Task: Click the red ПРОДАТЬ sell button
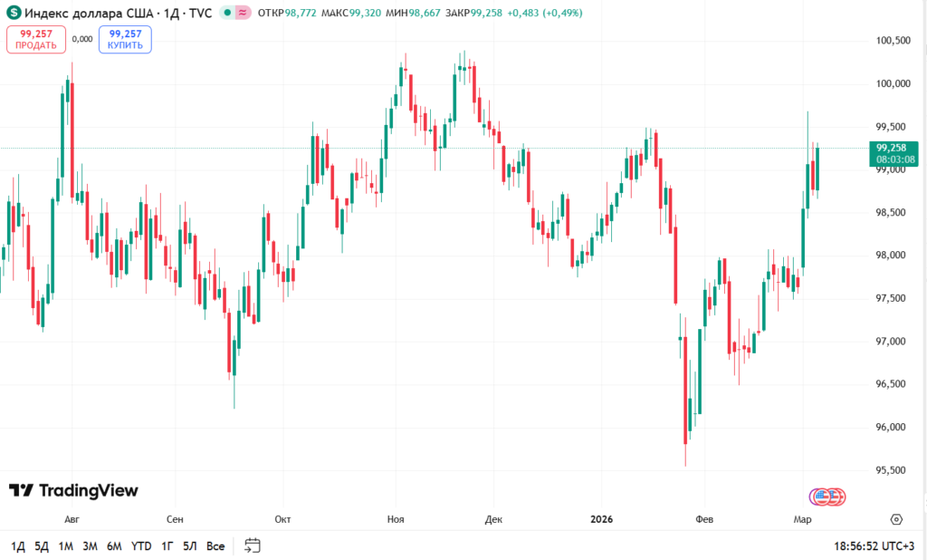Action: pyautogui.click(x=36, y=39)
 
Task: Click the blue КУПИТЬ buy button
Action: pyautogui.click(x=125, y=39)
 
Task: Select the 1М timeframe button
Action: pyautogui.click(x=65, y=546)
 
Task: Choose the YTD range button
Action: pyautogui.click(x=141, y=546)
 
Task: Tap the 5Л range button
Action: pyautogui.click(x=190, y=546)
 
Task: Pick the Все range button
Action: pyautogui.click(x=215, y=546)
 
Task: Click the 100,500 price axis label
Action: pyautogui.click(x=892, y=41)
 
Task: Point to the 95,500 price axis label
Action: pyautogui.click(x=892, y=470)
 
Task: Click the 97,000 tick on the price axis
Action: pyautogui.click(x=892, y=342)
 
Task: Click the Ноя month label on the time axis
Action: pyautogui.click(x=396, y=519)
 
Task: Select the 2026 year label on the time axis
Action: pyautogui.click(x=601, y=519)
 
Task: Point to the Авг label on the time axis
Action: pyautogui.click(x=72, y=519)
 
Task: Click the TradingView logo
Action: pyautogui.click(x=74, y=490)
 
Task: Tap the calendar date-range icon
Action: pyautogui.click(x=253, y=546)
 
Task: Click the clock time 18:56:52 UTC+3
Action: pyautogui.click(x=874, y=546)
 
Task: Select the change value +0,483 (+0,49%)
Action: pyautogui.click(x=545, y=14)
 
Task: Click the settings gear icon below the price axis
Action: pyautogui.click(x=896, y=519)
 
